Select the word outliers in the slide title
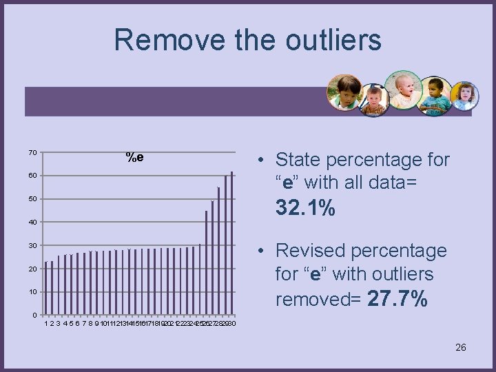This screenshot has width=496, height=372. [x=330, y=40]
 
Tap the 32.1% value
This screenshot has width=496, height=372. [x=305, y=207]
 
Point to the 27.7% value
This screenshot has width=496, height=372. [x=397, y=299]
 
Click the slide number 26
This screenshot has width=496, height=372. [x=461, y=347]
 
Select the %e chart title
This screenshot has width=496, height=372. [x=134, y=157]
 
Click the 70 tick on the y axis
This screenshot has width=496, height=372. [x=32, y=152]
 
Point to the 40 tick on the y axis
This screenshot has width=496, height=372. [x=32, y=223]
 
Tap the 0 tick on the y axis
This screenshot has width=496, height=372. [x=34, y=316]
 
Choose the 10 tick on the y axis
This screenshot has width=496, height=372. [x=32, y=292]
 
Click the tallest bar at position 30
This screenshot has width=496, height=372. [x=232, y=242]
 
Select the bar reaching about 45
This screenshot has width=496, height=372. [x=206, y=262]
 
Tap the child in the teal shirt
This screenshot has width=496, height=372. [x=435, y=96]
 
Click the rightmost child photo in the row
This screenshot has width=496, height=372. [x=464, y=96]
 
